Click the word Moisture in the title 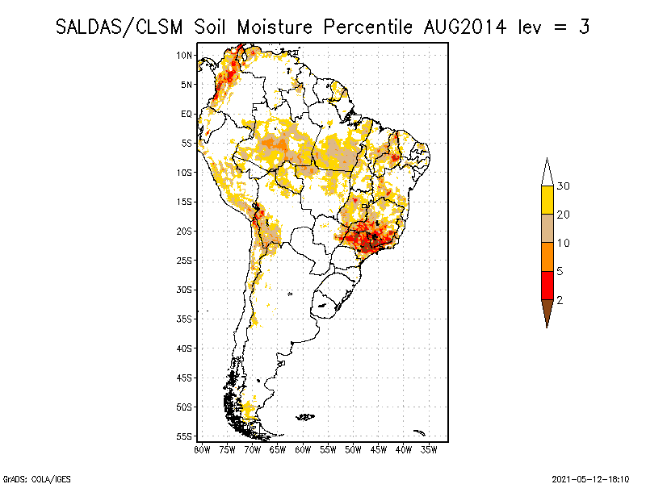(x=275, y=27)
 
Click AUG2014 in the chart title (x=465, y=27)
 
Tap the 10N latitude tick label (x=184, y=55)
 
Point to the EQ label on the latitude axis (x=187, y=114)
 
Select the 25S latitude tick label (x=184, y=261)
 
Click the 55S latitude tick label (x=184, y=436)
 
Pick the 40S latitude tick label (x=184, y=348)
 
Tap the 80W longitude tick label (x=202, y=450)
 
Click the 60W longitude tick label (x=303, y=450)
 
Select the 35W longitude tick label (x=429, y=450)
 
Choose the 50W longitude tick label (x=353, y=450)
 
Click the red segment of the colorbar (x=547, y=286)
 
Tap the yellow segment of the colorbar (x=547, y=200)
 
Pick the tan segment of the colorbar (x=547, y=228)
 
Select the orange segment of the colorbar (x=547, y=257)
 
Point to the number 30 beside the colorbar (x=563, y=186)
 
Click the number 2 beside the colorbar (x=560, y=300)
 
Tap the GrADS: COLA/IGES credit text (x=36, y=479)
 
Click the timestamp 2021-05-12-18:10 (x=590, y=479)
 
